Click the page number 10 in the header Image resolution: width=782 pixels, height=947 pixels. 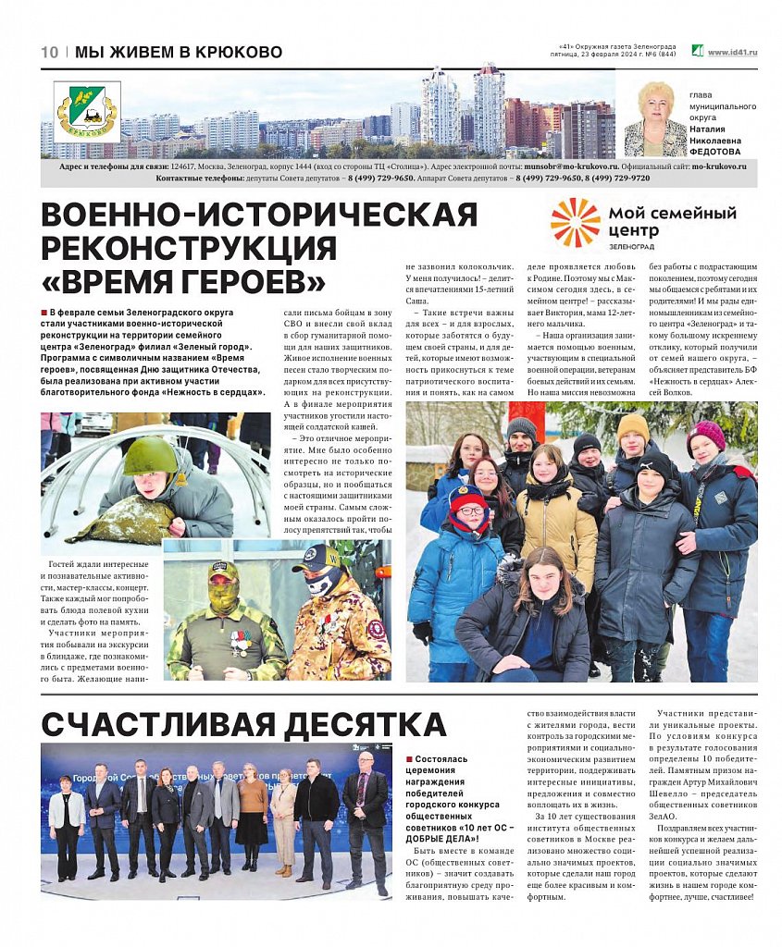pos(49,53)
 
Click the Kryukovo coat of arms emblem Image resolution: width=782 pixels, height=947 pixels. pos(87,112)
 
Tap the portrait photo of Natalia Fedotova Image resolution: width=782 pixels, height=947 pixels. pos(655,119)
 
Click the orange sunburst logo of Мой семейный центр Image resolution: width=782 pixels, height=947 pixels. pos(575,223)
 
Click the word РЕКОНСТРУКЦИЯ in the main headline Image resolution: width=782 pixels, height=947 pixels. pos(189,248)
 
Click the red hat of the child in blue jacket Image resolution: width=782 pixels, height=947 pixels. pos(466,499)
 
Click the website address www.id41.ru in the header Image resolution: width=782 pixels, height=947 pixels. pos(732,53)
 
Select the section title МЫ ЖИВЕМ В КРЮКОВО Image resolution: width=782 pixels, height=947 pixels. pos(179,53)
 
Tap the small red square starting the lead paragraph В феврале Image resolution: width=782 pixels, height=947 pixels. pos(44,313)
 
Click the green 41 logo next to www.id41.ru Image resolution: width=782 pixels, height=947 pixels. pos(697,52)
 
